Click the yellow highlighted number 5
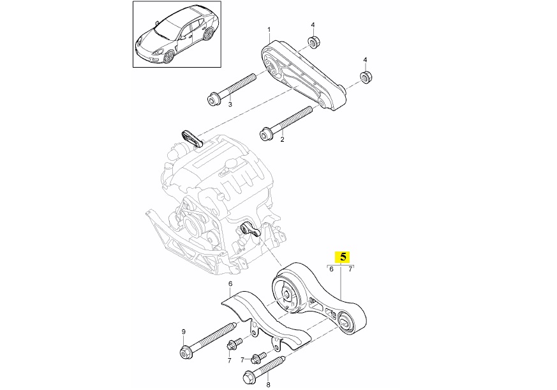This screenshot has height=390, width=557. (x=343, y=257)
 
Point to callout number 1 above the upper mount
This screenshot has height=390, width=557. (x=269, y=29)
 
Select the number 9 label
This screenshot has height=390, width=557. (x=183, y=332)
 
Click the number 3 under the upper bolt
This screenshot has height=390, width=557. (x=230, y=104)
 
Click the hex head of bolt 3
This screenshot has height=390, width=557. (x=212, y=98)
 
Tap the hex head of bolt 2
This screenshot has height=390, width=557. (x=265, y=133)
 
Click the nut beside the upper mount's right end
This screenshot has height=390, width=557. (x=366, y=77)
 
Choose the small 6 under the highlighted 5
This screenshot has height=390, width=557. (x=332, y=269)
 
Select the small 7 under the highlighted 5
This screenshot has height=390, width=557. (x=350, y=269)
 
